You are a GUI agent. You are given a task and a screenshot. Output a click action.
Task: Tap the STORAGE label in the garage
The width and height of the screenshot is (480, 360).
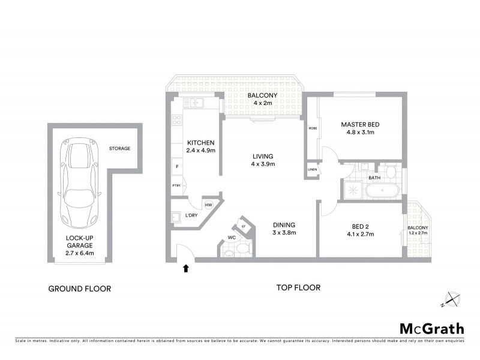[119, 148]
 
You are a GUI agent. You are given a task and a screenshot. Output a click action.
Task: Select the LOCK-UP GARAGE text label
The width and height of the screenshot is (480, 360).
[79, 241]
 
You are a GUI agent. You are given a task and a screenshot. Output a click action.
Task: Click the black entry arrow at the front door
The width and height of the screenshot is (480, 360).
[185, 269]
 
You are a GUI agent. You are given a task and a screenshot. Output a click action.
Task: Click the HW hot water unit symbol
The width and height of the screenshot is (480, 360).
[209, 205]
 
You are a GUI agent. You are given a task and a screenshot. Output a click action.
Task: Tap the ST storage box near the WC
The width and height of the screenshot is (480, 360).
[243, 226]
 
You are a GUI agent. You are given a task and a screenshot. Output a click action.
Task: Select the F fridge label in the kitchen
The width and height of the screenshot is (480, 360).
[177, 166]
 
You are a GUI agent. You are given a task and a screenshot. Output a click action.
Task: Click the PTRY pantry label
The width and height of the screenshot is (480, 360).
[176, 185]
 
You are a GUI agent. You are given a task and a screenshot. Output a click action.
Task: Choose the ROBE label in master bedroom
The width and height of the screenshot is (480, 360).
[313, 128]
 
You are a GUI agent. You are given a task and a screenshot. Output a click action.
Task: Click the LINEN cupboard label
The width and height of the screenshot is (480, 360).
[312, 169]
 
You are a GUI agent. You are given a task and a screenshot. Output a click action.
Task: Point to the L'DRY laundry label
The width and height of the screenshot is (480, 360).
[191, 215]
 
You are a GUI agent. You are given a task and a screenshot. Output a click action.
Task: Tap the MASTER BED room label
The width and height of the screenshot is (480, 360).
[360, 125]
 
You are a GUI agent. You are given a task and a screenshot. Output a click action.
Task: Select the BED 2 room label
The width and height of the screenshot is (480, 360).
[360, 226]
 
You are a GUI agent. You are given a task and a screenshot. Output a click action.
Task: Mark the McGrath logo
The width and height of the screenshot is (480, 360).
[431, 328]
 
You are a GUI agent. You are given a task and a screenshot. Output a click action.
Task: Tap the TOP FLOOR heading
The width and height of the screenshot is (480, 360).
[298, 288]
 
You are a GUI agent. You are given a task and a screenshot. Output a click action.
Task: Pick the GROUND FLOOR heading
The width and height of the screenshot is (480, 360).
[79, 289]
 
